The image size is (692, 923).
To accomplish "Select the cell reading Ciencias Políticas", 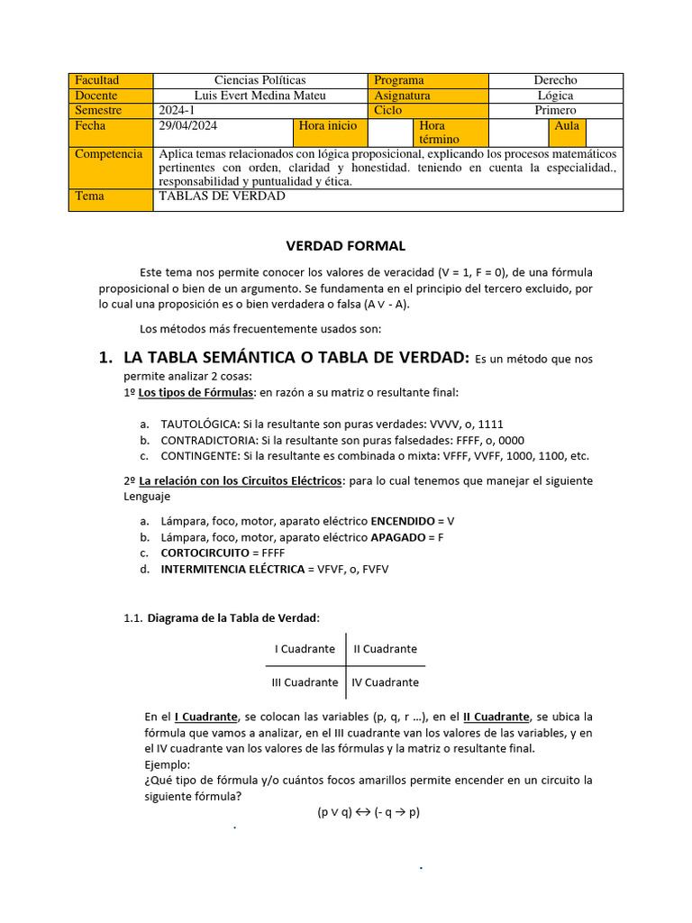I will [260, 80].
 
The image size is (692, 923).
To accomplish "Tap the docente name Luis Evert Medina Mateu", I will [260, 96].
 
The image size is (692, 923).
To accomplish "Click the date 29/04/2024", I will [187, 126].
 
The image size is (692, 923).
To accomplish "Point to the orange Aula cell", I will [567, 126].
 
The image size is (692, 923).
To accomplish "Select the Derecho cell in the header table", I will [555, 80].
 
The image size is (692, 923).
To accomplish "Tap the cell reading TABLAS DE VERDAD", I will [222, 196].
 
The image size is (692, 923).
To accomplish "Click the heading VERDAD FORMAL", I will [345, 245].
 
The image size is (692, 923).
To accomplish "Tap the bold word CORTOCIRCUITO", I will [201, 553].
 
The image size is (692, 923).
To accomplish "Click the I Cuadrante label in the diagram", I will [305, 649].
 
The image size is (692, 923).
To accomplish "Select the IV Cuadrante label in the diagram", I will [385, 682].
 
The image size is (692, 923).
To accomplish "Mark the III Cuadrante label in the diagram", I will [305, 682].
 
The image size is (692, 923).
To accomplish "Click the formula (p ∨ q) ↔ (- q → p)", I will [369, 812].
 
